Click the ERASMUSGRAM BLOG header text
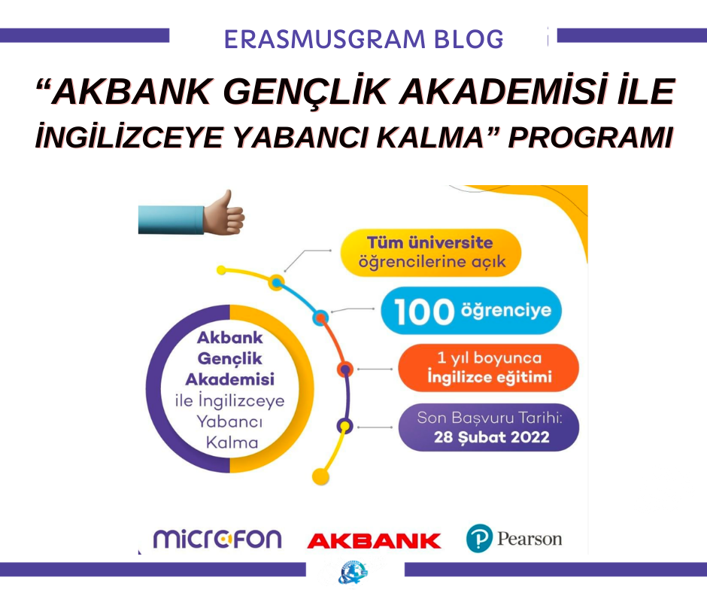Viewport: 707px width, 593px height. tap(363, 39)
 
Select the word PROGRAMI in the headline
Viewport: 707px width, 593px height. tap(590, 137)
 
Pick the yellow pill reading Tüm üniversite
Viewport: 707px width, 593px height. tap(431, 253)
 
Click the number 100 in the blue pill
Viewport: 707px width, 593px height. tap(424, 312)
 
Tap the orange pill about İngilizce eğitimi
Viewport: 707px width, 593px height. tap(488, 368)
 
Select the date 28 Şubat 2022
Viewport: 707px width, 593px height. tap(491, 437)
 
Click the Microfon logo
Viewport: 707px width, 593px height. tap(217, 539)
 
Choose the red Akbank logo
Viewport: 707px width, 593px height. tap(374, 540)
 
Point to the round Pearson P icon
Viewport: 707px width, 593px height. tap(479, 538)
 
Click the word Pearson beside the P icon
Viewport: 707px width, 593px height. tap(529, 539)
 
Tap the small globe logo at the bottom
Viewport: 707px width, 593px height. tap(352, 573)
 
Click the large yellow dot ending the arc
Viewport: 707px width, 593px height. tap(320, 476)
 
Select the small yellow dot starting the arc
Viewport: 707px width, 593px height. tap(221, 270)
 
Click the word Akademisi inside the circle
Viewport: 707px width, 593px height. tap(230, 379)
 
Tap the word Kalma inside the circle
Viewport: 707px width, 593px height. tap(232, 442)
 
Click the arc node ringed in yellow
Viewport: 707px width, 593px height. tap(276, 283)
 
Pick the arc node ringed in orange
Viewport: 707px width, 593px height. tap(345, 369)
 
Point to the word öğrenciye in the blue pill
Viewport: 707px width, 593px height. tap(506, 311)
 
